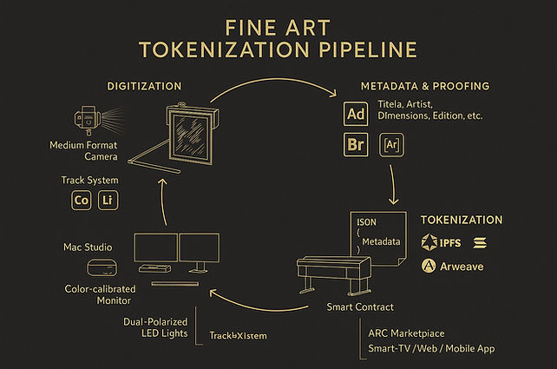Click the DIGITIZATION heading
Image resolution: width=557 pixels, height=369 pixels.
(143, 86)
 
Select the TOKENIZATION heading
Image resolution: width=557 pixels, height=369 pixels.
(462, 220)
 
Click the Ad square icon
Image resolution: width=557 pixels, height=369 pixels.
(356, 115)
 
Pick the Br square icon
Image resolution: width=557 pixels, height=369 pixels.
(356, 144)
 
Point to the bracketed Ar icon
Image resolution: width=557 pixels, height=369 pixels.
(392, 144)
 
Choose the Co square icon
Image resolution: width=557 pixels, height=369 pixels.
(82, 201)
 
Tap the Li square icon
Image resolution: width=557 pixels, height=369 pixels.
(108, 201)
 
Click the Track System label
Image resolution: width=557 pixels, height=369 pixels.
(90, 180)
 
